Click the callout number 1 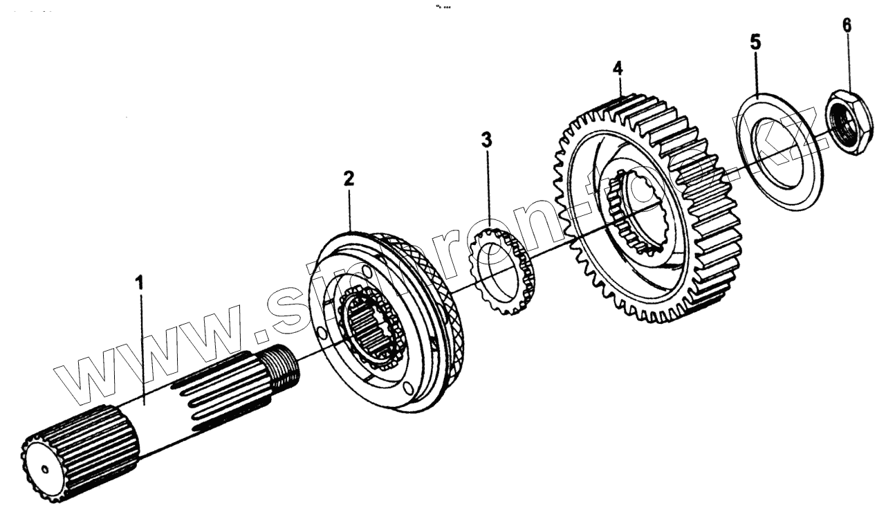pyautogui.click(x=140, y=284)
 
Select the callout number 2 pyautogui.click(x=349, y=179)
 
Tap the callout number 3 pyautogui.click(x=488, y=140)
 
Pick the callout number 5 pyautogui.click(x=755, y=42)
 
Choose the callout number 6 pyautogui.click(x=847, y=25)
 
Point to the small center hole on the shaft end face pyautogui.click(x=45, y=469)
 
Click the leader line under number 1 pyautogui.click(x=142, y=346)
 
